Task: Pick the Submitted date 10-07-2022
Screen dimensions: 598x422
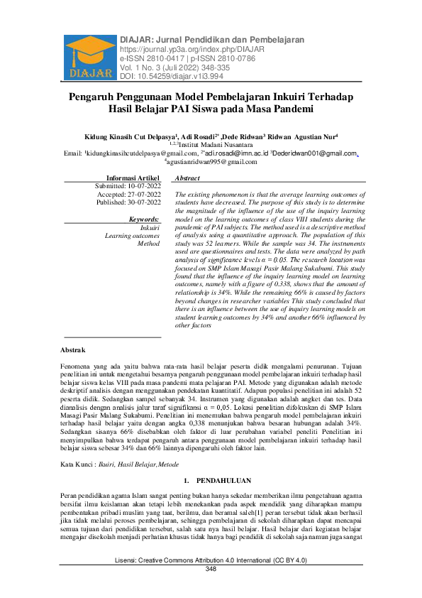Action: point(128,185)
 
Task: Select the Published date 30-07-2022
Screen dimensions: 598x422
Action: point(128,202)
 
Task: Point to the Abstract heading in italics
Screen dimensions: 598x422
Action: point(187,178)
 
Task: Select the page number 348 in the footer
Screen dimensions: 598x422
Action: point(211,589)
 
